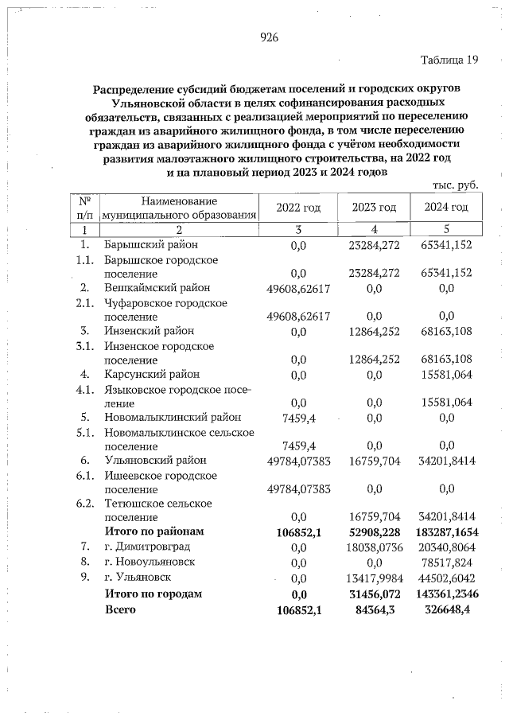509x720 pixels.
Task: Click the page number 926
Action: click(268, 37)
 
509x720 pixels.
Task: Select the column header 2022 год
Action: click(298, 208)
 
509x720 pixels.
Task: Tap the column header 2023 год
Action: click(374, 208)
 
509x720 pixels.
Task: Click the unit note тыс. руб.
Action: click(455, 185)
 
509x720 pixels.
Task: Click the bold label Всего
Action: click(120, 609)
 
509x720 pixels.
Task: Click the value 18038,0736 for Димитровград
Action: click(374, 547)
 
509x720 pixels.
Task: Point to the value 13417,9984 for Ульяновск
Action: click(374, 578)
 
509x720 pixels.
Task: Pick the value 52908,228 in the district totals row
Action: click(374, 531)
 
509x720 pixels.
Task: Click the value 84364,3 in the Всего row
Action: click(374, 610)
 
